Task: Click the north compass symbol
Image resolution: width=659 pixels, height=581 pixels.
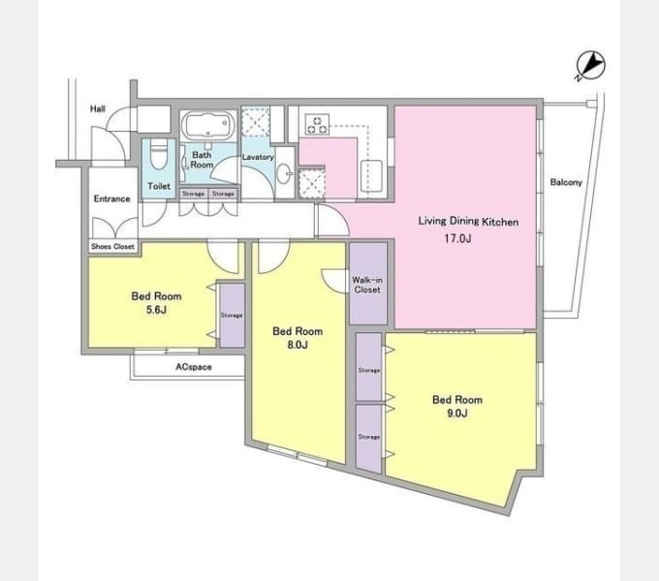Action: [x=590, y=66]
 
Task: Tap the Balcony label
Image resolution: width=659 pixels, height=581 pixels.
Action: [x=566, y=182]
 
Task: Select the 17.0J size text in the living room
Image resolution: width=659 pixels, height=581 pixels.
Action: [x=457, y=238]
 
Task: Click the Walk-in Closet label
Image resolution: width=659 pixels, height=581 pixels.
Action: [x=367, y=285]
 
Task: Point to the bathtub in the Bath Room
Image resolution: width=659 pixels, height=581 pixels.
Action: [x=207, y=126]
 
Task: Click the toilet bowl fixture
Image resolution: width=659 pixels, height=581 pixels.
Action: [x=159, y=154]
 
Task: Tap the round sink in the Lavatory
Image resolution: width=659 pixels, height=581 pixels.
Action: [x=285, y=173]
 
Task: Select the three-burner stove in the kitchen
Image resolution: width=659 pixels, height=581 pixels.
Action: [x=317, y=125]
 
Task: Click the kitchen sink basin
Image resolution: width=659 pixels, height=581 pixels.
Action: [x=371, y=176]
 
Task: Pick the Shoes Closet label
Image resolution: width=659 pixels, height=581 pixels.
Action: [x=112, y=246]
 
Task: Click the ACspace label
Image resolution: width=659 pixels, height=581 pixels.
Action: [x=193, y=367]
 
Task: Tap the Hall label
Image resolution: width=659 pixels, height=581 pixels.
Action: [x=98, y=108]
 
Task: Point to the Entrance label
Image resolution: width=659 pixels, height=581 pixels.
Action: [x=111, y=199]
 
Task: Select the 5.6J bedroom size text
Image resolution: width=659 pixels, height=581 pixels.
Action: [x=156, y=310]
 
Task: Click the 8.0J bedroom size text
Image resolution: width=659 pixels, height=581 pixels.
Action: [x=298, y=345]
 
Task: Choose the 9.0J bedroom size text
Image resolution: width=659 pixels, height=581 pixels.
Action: [x=456, y=413]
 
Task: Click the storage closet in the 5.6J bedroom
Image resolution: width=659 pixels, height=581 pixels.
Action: [x=232, y=316]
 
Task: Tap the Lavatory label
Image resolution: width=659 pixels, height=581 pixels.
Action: [x=258, y=157]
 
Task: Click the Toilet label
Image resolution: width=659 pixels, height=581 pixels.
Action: [x=159, y=186]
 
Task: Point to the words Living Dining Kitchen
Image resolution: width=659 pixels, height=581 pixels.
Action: [x=468, y=221]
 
